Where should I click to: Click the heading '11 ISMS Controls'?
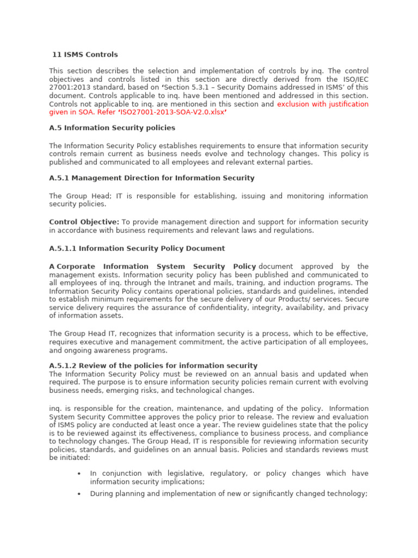click(x=85, y=54)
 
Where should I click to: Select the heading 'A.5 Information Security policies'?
click(x=112, y=128)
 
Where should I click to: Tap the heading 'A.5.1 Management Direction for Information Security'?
click(x=151, y=178)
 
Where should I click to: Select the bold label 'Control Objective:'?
click(x=84, y=222)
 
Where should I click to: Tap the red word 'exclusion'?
click(x=294, y=104)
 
